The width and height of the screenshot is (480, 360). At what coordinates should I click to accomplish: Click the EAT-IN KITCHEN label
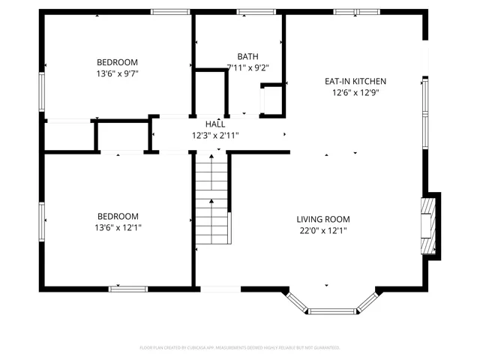pos(355,81)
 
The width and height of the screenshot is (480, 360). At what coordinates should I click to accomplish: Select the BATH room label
pos(247,56)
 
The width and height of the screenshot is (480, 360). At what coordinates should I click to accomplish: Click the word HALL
pos(216,124)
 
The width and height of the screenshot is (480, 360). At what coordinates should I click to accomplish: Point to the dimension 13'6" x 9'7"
pos(118,73)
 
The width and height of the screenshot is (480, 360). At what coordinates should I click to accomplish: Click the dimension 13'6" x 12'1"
pos(118,227)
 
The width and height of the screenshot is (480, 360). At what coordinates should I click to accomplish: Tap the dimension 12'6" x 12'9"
pos(355,92)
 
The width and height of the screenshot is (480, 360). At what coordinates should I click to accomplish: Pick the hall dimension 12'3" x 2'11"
pos(216,135)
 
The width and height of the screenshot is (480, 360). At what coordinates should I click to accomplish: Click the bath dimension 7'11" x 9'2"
pos(247,67)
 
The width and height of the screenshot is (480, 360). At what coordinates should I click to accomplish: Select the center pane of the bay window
pos(332,310)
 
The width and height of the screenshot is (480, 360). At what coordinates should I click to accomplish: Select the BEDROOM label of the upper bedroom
pos(118,62)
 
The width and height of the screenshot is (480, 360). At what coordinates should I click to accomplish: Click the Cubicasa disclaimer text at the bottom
pos(240,348)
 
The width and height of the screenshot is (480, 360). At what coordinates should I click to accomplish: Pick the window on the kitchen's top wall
pos(346,12)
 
